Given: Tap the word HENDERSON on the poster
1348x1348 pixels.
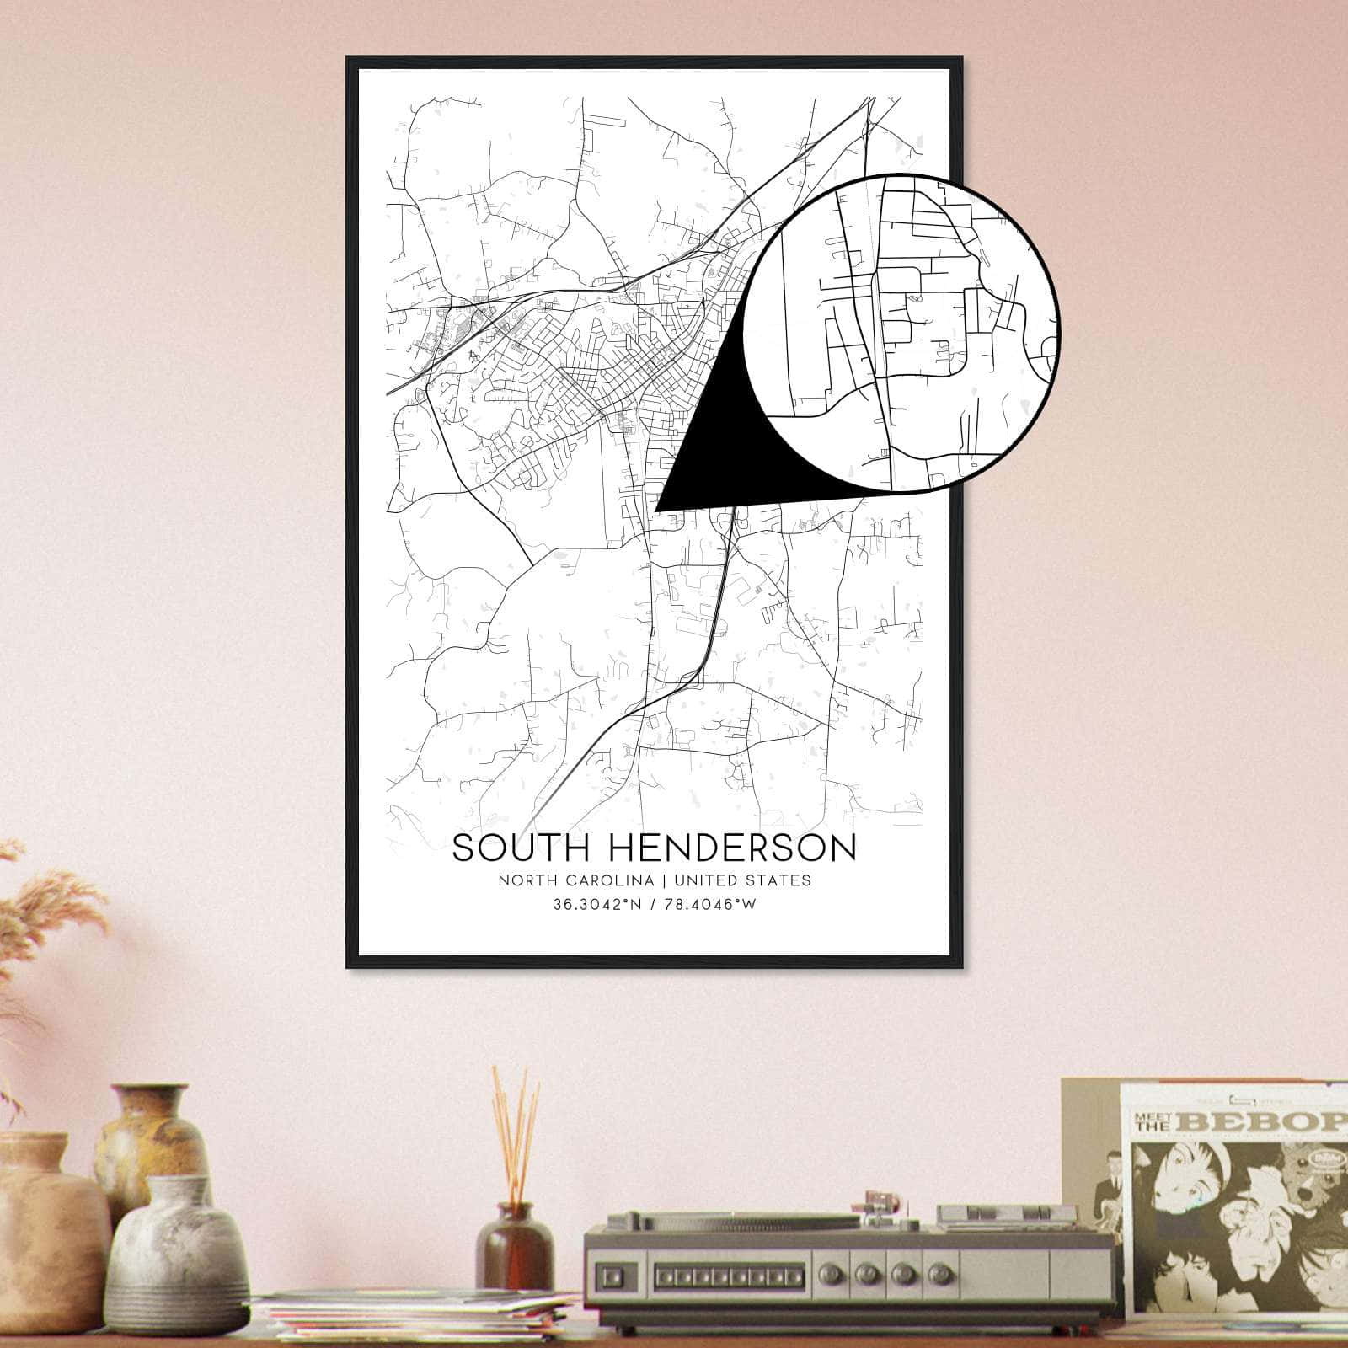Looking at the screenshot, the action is tap(722, 848).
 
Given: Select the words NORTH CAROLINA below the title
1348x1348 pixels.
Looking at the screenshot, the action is tap(576, 880).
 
